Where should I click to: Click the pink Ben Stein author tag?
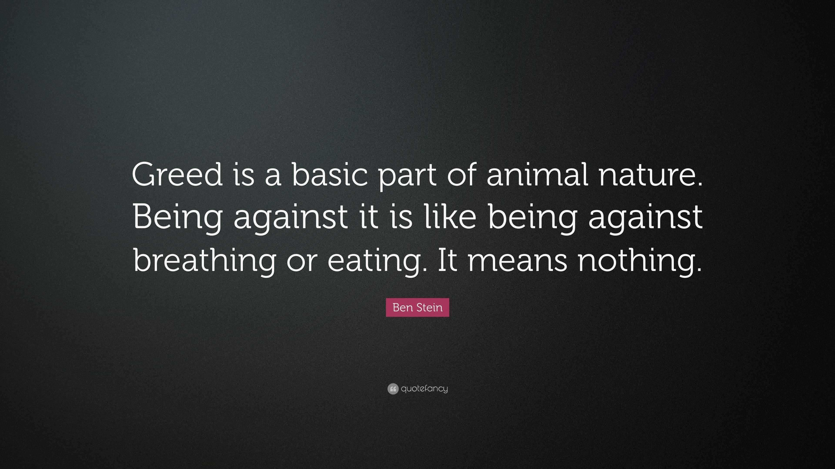(417, 307)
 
